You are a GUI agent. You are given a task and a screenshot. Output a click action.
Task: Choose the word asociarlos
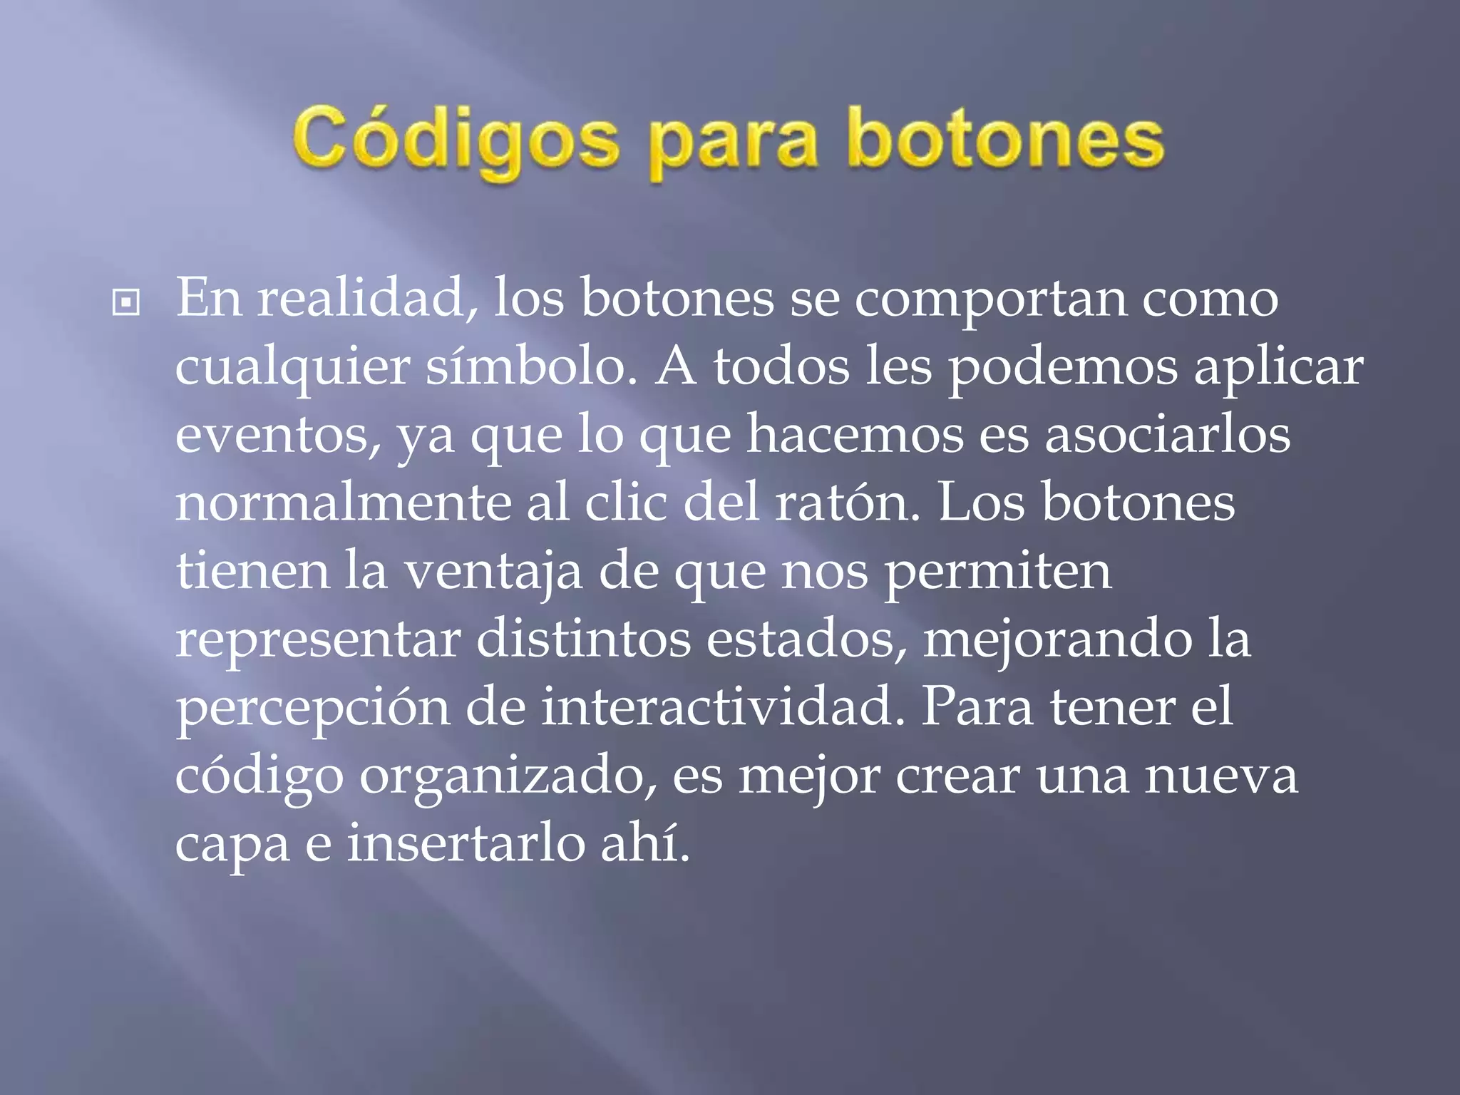pos(1167,434)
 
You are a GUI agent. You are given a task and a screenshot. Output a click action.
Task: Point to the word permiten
pos(998,572)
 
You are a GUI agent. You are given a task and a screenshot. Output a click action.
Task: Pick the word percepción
pos(313,709)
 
